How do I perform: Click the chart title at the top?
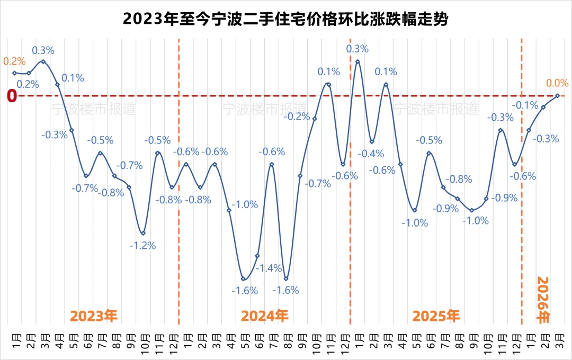click(x=285, y=20)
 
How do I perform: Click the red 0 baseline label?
click(x=12, y=96)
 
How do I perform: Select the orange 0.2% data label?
click(x=14, y=61)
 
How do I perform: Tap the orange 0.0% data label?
click(x=557, y=83)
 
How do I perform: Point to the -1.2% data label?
click(x=143, y=246)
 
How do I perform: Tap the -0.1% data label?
click(x=526, y=105)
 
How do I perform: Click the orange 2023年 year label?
click(x=94, y=316)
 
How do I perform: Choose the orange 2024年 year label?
click(x=265, y=316)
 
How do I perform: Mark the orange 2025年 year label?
click(x=436, y=316)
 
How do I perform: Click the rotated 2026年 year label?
click(x=543, y=300)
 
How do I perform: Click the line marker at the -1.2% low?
click(x=143, y=233)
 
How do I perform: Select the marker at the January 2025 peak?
click(x=358, y=61)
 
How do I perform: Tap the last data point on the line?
click(x=558, y=96)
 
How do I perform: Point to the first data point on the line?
click(x=14, y=73)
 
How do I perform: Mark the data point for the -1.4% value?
click(x=257, y=256)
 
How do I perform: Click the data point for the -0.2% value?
click(x=315, y=119)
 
